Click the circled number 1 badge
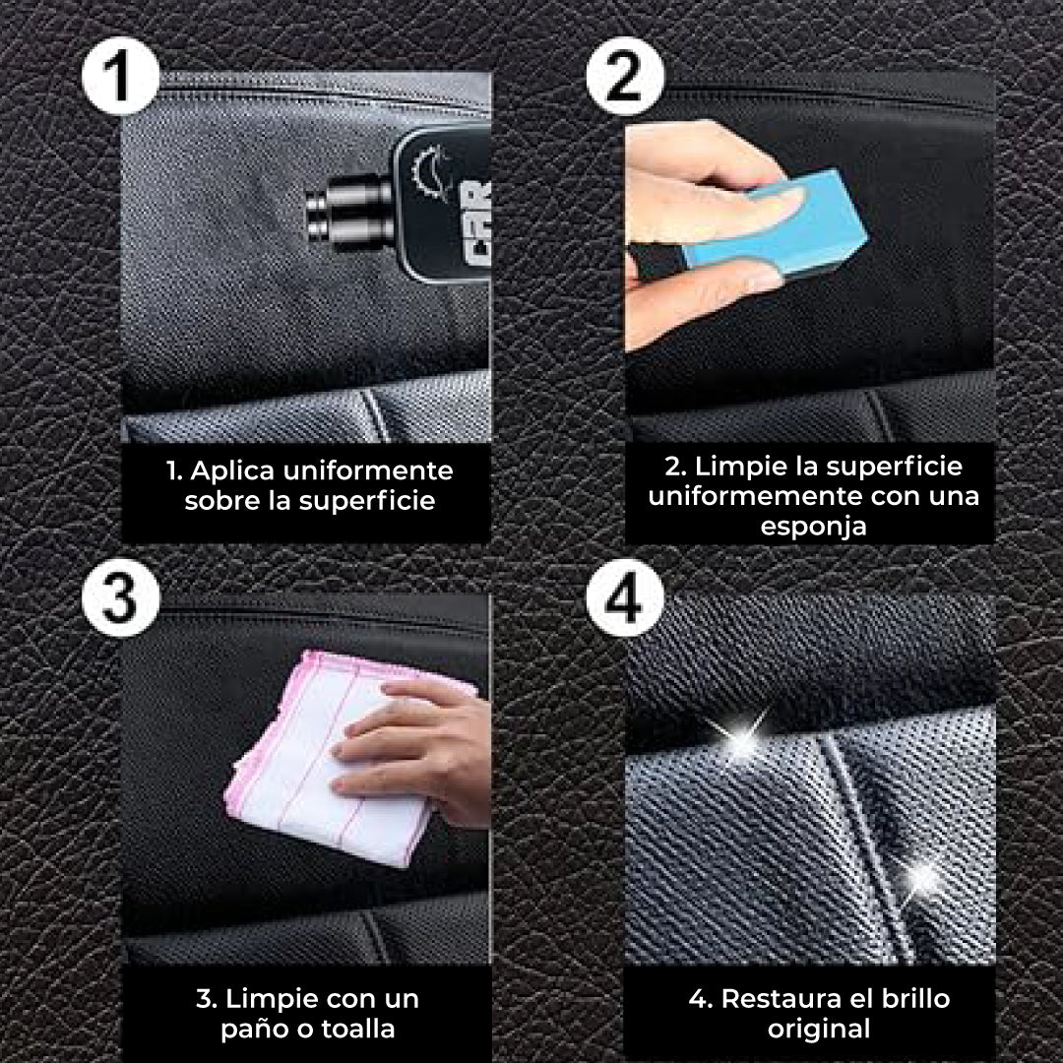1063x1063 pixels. [x=119, y=77]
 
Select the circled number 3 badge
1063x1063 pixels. [x=119, y=596]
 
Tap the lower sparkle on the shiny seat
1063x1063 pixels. [x=922, y=876]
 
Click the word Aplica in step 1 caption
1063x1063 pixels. [x=230, y=470]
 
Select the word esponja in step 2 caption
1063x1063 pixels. [x=813, y=526]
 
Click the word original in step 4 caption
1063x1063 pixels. [x=820, y=1030]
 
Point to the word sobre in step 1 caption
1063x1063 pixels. [x=219, y=500]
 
